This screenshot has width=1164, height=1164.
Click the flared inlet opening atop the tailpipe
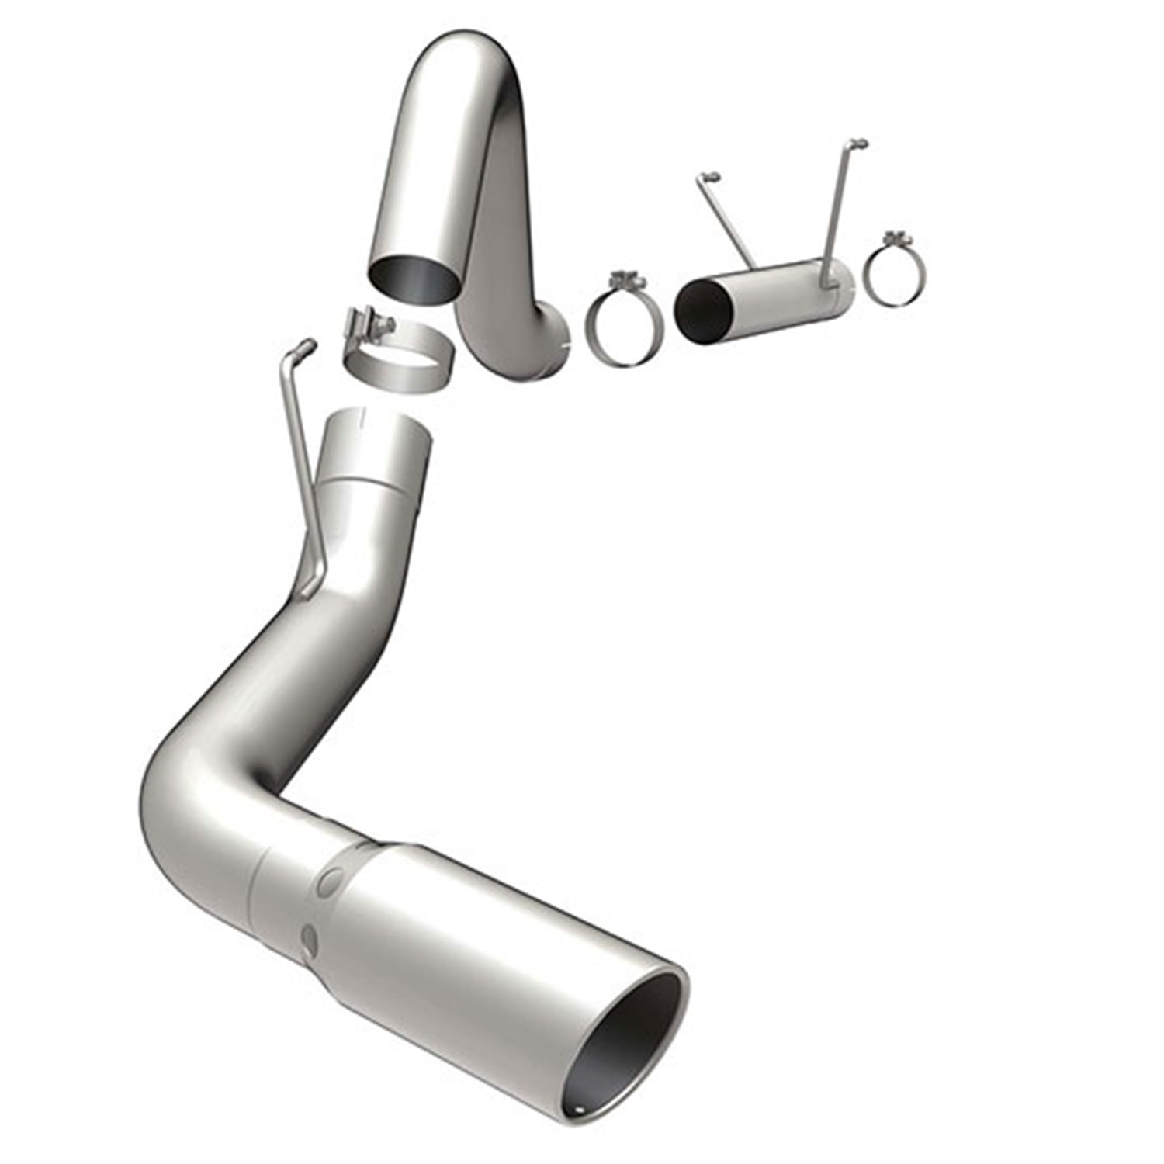(x=378, y=424)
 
